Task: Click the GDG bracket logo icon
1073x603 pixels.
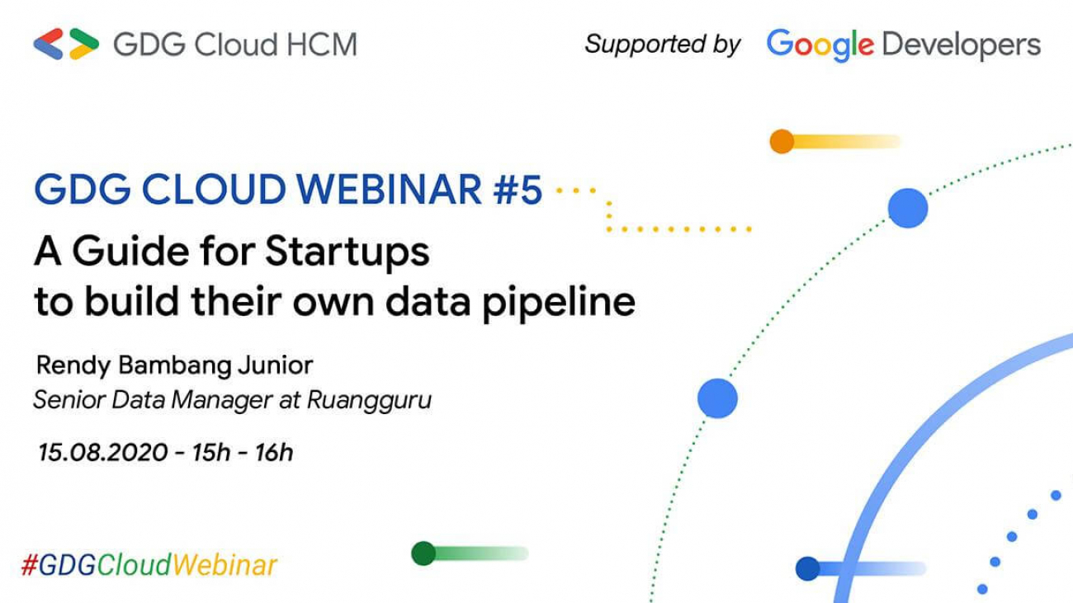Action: point(66,44)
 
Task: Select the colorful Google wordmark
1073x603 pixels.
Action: point(820,45)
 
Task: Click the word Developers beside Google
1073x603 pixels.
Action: point(961,45)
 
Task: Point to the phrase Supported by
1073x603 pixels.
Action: point(662,44)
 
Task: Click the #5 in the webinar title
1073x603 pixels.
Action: point(518,191)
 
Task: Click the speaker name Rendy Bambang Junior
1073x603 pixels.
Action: point(175,365)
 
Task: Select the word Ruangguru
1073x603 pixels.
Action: point(369,401)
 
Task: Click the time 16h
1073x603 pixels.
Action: point(273,452)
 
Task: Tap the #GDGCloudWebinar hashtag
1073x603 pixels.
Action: point(149,566)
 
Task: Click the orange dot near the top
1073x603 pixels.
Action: point(781,142)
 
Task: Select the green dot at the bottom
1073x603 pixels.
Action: point(423,553)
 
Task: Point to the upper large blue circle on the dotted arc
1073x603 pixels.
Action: point(908,208)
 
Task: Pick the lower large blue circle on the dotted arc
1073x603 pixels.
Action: point(717,398)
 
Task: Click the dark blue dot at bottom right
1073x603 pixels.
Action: point(807,568)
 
